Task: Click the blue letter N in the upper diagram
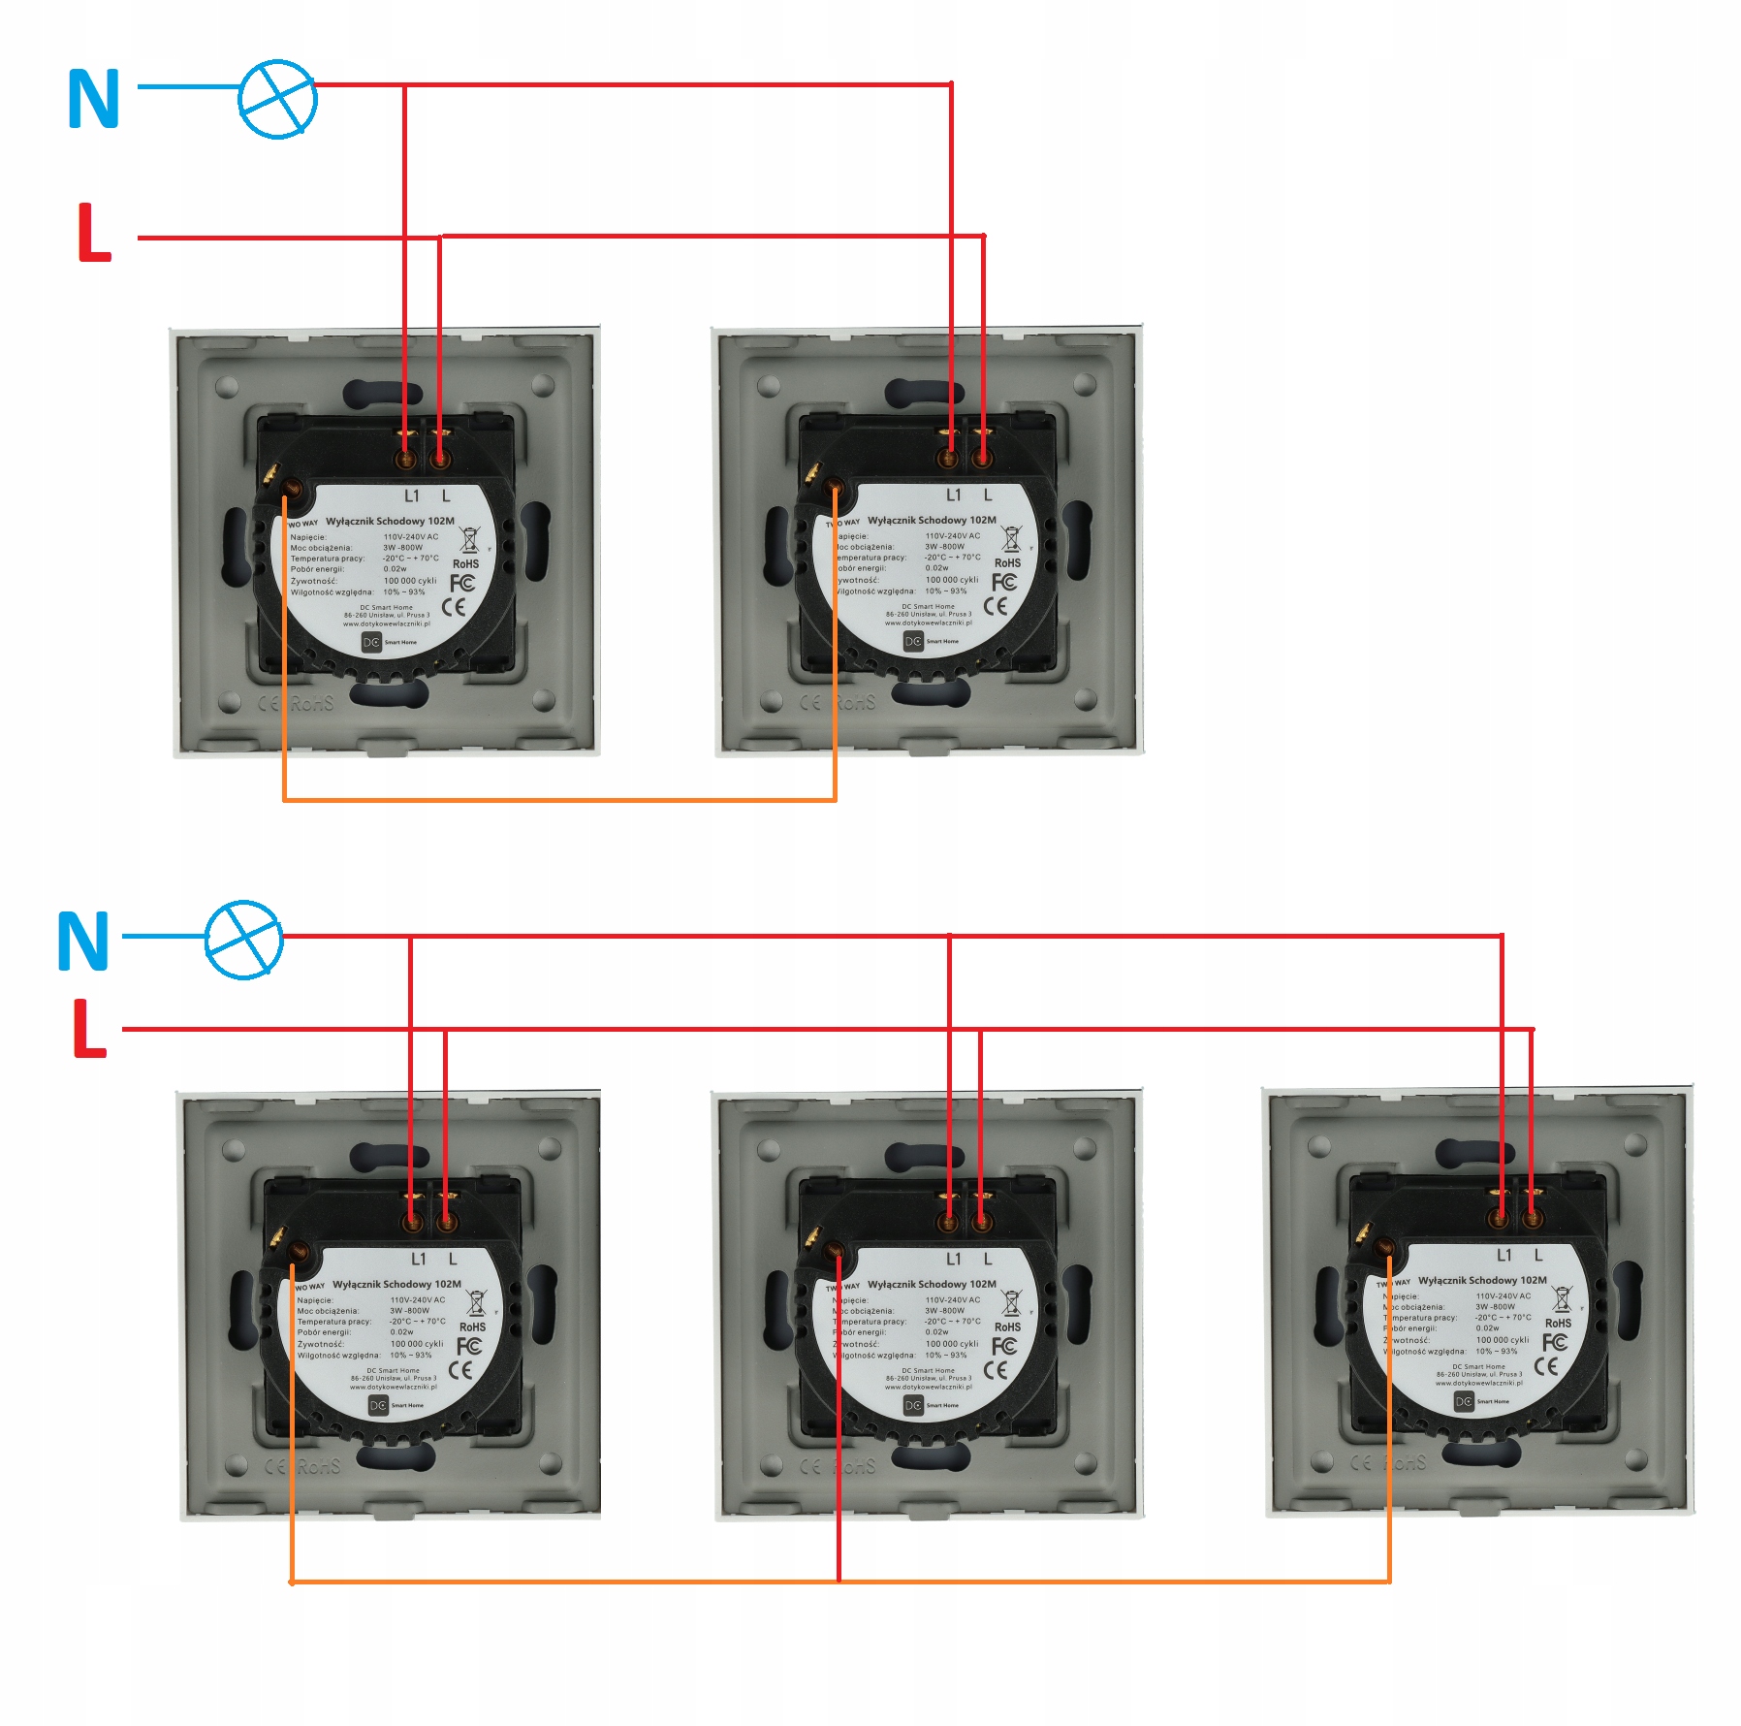(x=93, y=99)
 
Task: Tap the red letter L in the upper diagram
(x=93, y=233)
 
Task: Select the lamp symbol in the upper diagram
(x=277, y=99)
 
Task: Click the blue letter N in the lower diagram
(x=82, y=941)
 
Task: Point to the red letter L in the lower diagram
(x=88, y=1029)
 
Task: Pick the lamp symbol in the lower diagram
(x=244, y=939)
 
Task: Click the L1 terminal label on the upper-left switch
(x=412, y=496)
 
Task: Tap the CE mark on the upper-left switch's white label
(x=454, y=607)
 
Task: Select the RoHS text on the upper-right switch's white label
(x=1007, y=562)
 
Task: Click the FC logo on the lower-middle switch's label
(x=1003, y=1347)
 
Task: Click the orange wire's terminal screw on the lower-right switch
(x=1383, y=1249)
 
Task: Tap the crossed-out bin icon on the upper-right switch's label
(x=1011, y=538)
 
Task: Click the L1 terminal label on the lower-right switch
(x=1504, y=1255)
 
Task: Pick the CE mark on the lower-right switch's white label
(x=1546, y=1366)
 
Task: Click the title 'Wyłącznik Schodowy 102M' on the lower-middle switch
(x=932, y=1284)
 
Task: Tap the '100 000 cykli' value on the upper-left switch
(x=410, y=581)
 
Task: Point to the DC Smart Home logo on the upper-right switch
(x=913, y=641)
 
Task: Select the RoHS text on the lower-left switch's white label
(x=472, y=1326)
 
